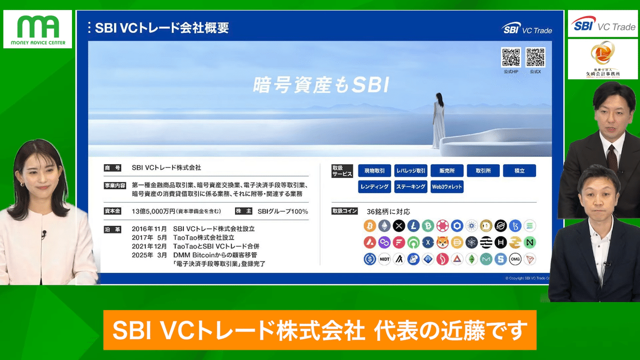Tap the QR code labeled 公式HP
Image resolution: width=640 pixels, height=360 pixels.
510,57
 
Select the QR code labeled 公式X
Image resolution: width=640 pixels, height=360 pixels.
535,57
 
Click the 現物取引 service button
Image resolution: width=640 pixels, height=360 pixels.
374,171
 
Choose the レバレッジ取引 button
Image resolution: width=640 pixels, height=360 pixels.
411,171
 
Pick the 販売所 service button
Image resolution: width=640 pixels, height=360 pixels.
447,171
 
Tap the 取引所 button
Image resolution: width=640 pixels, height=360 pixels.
483,171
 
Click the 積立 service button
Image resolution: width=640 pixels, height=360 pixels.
519,171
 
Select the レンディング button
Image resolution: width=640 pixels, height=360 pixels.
374,187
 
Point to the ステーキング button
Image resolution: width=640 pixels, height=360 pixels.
411,187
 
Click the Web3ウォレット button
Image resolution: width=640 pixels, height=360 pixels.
447,187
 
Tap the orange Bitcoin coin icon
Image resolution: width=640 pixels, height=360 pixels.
370,226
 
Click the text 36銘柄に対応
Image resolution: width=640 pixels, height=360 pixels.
388,212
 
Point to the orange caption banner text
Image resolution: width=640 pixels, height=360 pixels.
319,330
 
